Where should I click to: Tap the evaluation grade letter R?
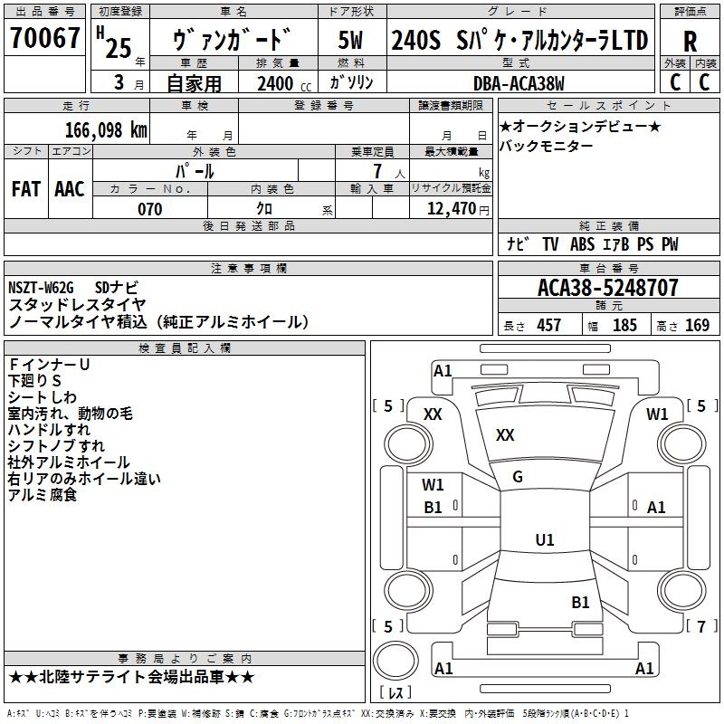tap(690, 42)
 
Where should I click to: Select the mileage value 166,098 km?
tap(106, 129)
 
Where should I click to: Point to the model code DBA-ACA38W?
tap(519, 84)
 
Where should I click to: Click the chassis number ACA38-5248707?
tap(607, 289)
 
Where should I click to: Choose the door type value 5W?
tap(351, 41)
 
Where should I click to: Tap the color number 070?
tap(150, 209)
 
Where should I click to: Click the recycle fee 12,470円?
tap(458, 209)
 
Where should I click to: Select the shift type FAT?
tap(25, 188)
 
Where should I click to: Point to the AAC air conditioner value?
tap(69, 188)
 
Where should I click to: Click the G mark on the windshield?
tap(518, 477)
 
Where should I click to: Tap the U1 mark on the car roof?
tap(544, 540)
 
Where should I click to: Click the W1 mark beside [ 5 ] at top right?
tap(657, 414)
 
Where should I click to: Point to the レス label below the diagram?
tap(395, 694)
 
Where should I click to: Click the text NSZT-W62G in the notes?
tap(41, 289)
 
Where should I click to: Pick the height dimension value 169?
tap(697, 326)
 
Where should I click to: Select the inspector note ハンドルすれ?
tap(49, 430)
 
